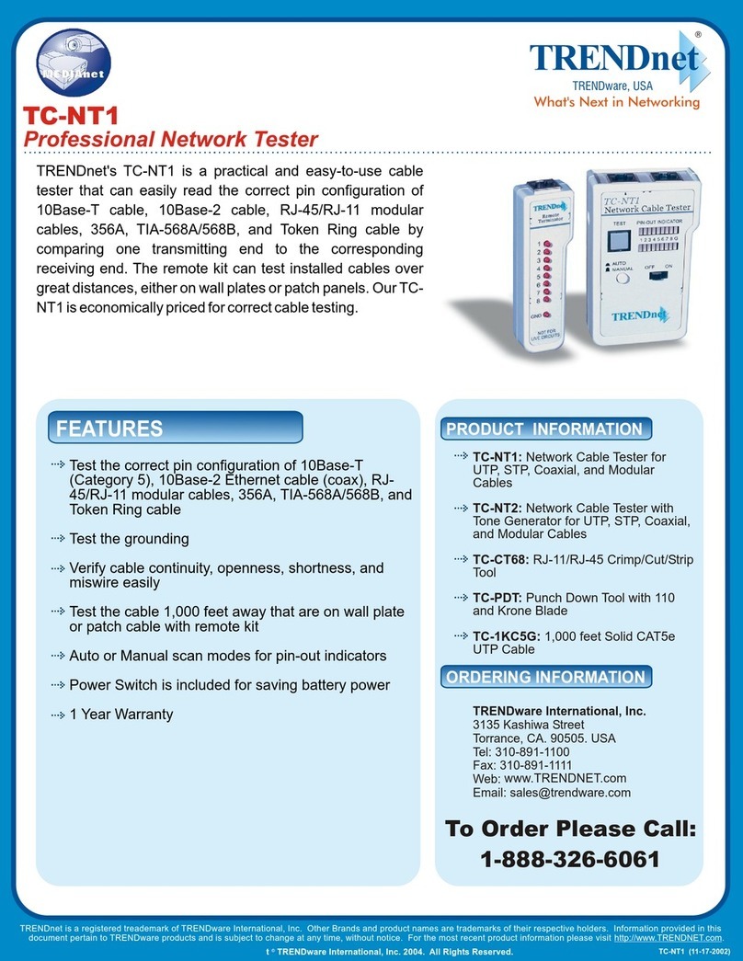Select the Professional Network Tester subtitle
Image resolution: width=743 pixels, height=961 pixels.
point(170,139)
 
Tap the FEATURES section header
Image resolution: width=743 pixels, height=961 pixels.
point(110,429)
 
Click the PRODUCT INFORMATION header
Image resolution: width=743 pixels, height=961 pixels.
point(544,429)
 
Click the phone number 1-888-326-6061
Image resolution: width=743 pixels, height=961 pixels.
point(570,860)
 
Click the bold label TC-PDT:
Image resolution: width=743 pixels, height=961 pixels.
point(497,598)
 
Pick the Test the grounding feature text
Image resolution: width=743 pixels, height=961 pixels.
point(129,538)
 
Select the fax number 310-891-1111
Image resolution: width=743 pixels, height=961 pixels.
point(548,765)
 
